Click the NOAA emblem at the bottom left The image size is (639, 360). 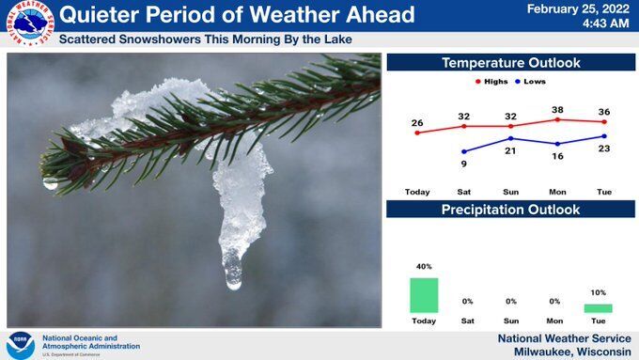(20, 344)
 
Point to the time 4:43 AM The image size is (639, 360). (604, 23)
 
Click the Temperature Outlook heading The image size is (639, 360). (510, 63)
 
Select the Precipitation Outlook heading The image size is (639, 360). (510, 210)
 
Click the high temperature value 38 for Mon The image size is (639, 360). (557, 109)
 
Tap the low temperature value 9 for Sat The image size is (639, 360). (464, 164)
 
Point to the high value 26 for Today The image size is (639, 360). (417, 122)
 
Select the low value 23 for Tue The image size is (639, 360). (604, 149)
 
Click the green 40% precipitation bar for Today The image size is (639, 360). (424, 295)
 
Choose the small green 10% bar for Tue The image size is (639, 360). (598, 308)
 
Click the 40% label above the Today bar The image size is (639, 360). (424, 267)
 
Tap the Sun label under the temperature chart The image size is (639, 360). (510, 192)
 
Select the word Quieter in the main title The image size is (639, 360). (101, 15)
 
